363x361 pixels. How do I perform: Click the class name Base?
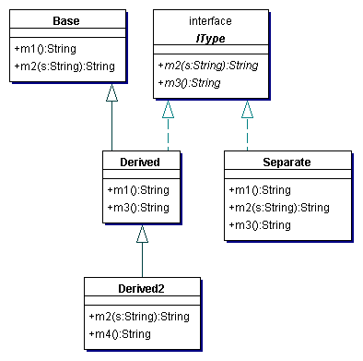coord(65,20)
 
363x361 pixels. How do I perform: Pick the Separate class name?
coord(286,162)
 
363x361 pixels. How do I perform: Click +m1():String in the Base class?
coord(45,47)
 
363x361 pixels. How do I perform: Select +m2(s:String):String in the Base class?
coord(64,66)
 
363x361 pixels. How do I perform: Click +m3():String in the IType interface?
coord(189,82)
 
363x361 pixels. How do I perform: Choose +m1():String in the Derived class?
coord(138,189)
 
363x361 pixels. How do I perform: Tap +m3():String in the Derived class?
coord(138,207)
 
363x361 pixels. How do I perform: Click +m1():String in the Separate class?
coord(259,189)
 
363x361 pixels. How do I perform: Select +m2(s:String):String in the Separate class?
coord(277,207)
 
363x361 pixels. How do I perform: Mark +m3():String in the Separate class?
coord(259,224)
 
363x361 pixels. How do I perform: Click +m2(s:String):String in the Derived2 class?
coord(138,316)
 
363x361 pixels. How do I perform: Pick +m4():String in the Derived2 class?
coord(120,333)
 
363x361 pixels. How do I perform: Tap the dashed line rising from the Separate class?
coord(246,134)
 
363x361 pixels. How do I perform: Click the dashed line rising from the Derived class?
coord(168,134)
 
